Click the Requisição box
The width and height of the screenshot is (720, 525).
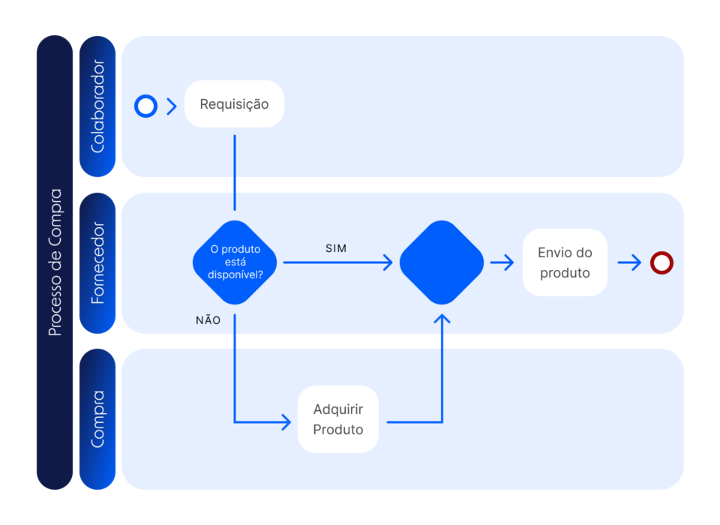tap(234, 104)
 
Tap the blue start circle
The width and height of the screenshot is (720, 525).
tap(145, 106)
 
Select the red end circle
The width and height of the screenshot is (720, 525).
tap(661, 262)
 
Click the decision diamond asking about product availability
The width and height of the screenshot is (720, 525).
tap(235, 262)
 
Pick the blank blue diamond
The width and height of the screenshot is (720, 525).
tap(442, 262)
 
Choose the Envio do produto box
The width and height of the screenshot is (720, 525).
tap(565, 262)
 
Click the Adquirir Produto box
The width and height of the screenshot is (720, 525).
tap(338, 419)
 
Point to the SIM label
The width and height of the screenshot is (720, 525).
tap(336, 247)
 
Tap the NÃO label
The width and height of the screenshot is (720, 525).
tap(208, 319)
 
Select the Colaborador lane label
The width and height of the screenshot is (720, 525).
tap(97, 106)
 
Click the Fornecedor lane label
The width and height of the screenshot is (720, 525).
tap(97, 262)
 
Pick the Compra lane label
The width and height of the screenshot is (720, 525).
tap(97, 419)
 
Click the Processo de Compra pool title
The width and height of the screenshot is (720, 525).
tap(55, 262)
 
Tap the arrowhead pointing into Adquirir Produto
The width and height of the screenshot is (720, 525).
tap(286, 422)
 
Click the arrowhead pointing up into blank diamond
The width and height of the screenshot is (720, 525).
tap(442, 320)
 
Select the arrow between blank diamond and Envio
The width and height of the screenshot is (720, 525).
tap(502, 262)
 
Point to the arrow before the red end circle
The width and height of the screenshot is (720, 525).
tap(630, 262)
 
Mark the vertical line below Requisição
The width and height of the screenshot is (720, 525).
tap(235, 172)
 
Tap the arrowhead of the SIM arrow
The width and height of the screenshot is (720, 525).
tap(388, 262)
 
